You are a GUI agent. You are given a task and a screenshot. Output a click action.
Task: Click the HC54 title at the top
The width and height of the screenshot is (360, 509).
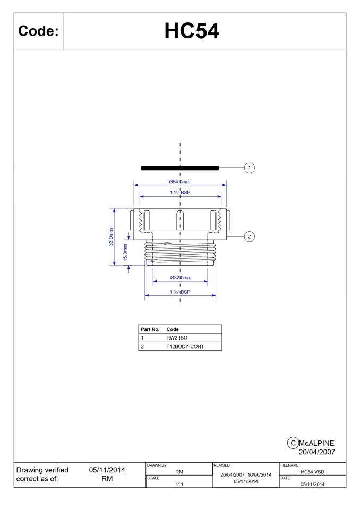click(x=191, y=31)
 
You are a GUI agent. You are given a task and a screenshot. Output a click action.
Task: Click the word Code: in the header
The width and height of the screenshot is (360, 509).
click(x=38, y=31)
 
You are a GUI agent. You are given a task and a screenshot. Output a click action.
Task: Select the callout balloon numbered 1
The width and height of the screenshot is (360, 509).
click(x=250, y=168)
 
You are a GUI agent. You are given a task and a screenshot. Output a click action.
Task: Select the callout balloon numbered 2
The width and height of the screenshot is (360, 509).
click(x=250, y=236)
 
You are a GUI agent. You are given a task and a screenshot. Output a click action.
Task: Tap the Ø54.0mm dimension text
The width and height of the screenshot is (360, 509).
click(x=180, y=182)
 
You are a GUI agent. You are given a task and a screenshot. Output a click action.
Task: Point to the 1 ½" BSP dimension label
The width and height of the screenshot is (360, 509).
click(x=180, y=193)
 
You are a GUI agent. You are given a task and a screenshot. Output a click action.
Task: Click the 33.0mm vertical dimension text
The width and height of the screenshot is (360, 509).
click(x=111, y=236)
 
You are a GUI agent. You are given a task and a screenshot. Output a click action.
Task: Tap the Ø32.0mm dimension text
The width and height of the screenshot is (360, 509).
click(x=181, y=278)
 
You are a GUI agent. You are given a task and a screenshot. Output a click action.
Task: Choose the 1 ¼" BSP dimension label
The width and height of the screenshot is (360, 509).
click(x=180, y=292)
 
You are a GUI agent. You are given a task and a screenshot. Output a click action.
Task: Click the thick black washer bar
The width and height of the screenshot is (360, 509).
click(x=180, y=168)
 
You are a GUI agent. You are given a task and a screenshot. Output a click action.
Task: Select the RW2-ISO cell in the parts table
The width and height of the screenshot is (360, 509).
click(x=177, y=337)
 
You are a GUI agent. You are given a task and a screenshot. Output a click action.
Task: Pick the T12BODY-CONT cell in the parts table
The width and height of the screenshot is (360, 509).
click(x=185, y=346)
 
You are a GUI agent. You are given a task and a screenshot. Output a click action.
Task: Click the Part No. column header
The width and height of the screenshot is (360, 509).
click(x=150, y=329)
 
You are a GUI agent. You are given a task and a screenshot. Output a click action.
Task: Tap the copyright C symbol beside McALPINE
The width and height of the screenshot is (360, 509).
click(x=292, y=443)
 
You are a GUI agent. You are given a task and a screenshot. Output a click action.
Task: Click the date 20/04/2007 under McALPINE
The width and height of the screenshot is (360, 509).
click(x=316, y=452)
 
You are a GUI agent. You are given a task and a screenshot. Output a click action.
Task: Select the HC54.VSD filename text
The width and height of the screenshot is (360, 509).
click(x=312, y=471)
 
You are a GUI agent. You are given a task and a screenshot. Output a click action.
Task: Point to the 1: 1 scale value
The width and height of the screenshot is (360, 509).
click(x=179, y=484)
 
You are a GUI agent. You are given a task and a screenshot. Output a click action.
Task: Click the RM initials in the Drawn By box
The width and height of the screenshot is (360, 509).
click(x=179, y=471)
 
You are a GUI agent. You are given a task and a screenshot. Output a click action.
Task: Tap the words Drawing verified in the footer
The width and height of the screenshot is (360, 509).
click(x=42, y=470)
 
